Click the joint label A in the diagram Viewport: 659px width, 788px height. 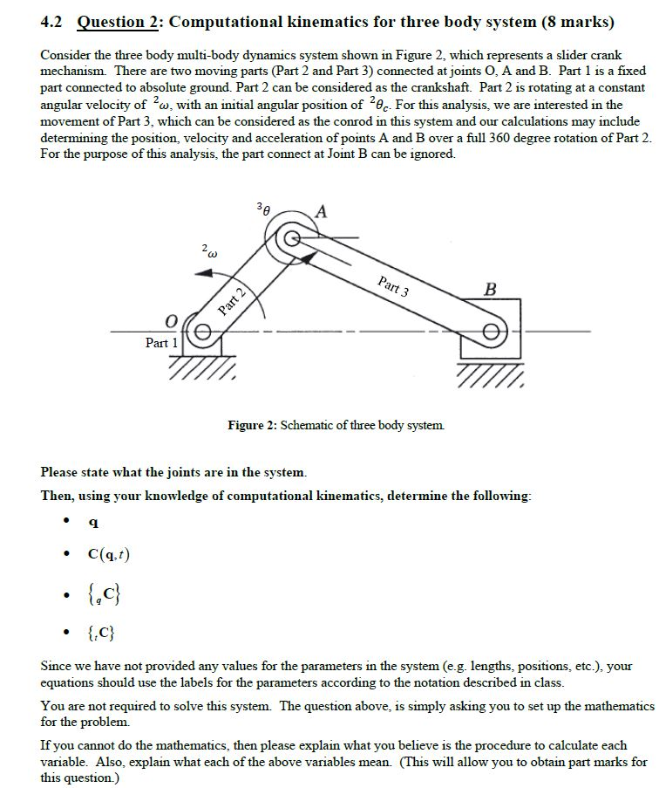pos(322,210)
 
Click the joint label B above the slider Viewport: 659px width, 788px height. pos(491,289)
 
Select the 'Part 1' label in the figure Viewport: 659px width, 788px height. pos(162,343)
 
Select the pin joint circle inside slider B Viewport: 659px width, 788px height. pos(493,333)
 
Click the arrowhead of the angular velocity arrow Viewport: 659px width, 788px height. pos(200,273)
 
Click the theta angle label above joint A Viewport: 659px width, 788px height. pos(263,210)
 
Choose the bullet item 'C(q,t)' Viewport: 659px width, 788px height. pos(109,554)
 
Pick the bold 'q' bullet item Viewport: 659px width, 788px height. pos(93,523)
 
